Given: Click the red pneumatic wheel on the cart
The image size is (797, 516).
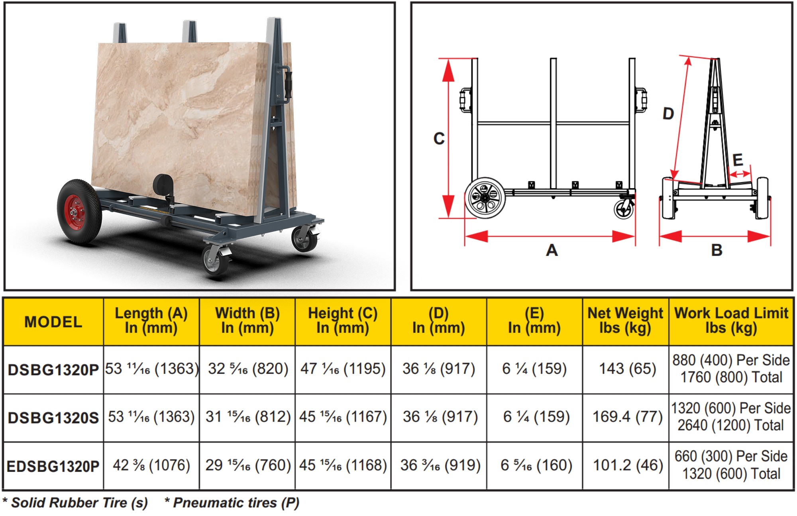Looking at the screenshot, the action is pos(79,211).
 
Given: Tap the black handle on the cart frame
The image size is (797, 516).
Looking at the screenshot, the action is pos(287,85).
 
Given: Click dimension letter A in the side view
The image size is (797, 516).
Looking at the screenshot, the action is pos(552,250).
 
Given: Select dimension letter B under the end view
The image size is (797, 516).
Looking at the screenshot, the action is pos(717,250).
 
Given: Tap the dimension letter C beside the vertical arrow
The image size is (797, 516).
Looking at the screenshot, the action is pos(439,139).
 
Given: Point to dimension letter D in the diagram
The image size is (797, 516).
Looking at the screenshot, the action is pos(668,114).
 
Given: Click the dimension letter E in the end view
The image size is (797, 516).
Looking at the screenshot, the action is pos(738,160).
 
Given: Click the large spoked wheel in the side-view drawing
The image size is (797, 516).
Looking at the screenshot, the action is pos(485,198).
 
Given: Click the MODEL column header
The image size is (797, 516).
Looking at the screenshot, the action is pos(53,322).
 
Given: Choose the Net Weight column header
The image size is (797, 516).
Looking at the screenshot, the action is pos(625,320).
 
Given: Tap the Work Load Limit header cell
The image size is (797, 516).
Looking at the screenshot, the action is pos(731,320).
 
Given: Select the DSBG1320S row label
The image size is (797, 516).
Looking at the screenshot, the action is pos(53,418).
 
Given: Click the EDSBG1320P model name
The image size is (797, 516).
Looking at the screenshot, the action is pos(53,466).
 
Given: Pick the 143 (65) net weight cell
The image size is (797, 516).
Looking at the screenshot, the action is pos(628,369).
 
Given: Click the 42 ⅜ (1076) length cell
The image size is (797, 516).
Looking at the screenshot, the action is pos(151,465).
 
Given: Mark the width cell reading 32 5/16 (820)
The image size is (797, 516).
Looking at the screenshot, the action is pos(248,369).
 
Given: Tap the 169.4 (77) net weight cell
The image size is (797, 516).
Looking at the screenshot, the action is pos(628,417).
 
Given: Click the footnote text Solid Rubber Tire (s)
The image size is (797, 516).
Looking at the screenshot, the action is pos(79,503).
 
